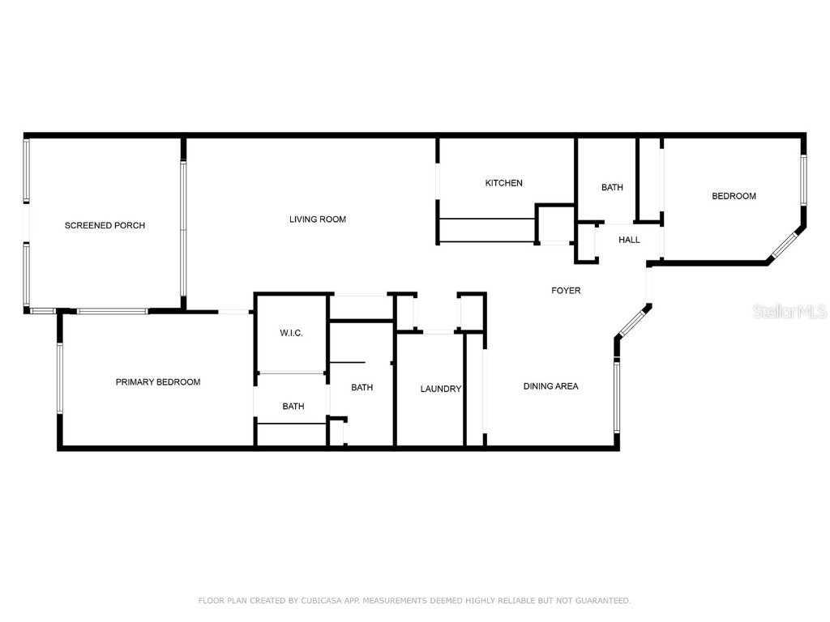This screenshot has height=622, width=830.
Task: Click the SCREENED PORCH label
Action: pos(105,225)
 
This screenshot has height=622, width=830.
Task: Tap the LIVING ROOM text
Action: pos(318,219)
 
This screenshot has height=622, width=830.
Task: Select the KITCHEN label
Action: pos(503,183)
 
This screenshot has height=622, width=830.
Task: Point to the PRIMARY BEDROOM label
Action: pos(157,382)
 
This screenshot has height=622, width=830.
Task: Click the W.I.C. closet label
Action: pos(291,333)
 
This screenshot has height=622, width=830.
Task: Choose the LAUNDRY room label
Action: pos(440,389)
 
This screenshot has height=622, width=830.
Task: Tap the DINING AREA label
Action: pos(550,386)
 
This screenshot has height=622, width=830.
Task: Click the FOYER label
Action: pos(566,291)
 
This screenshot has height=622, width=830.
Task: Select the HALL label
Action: pos(629,240)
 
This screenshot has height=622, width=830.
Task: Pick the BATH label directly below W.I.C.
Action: pos(293,407)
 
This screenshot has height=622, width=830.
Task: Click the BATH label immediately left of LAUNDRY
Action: pos(362,388)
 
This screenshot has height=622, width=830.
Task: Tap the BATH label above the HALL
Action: pos(612,188)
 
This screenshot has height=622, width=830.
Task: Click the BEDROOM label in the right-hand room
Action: pos(734,196)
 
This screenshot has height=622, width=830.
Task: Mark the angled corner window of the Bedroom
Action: pos(784,245)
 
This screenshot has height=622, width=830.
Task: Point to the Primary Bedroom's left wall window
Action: pos(60,379)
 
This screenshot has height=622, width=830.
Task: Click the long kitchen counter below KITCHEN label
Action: pos(486,230)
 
